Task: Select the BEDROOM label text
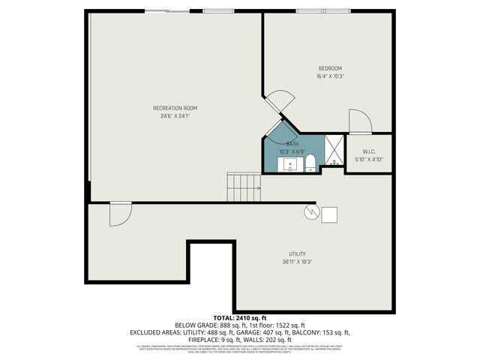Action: point(331,69)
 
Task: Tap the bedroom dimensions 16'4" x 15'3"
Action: point(331,76)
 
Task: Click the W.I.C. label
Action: point(368,151)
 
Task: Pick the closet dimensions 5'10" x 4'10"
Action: point(368,159)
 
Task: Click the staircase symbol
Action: point(244,187)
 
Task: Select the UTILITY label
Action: point(298,253)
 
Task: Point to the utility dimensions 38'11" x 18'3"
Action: point(298,262)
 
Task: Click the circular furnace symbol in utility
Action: point(310,213)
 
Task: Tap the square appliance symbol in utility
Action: point(329,214)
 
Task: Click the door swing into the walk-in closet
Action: point(359,121)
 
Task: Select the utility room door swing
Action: point(119,213)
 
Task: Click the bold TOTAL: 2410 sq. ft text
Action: point(240,318)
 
